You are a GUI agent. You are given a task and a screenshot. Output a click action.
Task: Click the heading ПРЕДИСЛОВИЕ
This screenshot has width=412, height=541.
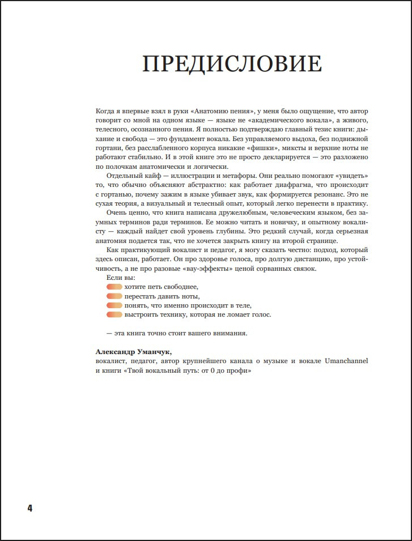232,64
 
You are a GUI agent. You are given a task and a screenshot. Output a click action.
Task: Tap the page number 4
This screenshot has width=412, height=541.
29,508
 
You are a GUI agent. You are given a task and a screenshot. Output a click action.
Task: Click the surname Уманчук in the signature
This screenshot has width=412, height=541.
151,352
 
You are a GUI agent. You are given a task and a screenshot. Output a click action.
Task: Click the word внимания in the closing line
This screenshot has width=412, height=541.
230,333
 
